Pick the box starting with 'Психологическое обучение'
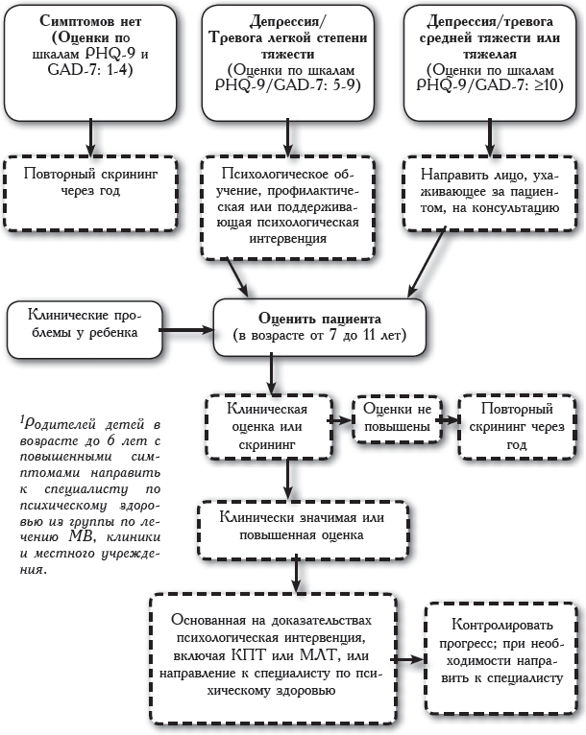289,205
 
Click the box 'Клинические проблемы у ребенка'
80,323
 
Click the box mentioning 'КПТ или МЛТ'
272,658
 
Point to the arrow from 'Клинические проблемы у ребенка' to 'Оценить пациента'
183,328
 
